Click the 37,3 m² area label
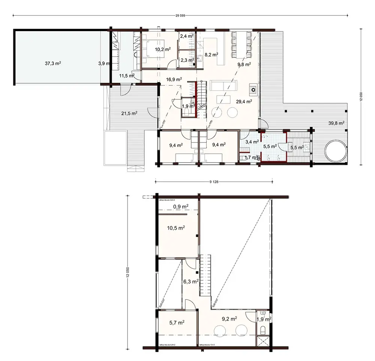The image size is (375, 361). pyautogui.click(x=53, y=64)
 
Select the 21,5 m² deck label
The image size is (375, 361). pyautogui.click(x=129, y=113)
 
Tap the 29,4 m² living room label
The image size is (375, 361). pyautogui.click(x=243, y=101)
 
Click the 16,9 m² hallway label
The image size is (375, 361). pyautogui.click(x=174, y=79)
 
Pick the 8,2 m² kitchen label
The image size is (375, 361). pyautogui.click(x=211, y=54)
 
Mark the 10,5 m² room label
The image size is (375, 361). pyautogui.click(x=176, y=228)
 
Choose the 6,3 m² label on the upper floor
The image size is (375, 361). pyautogui.click(x=190, y=281)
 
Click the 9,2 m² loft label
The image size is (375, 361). pyautogui.click(x=229, y=319)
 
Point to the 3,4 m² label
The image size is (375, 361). pyautogui.click(x=251, y=141)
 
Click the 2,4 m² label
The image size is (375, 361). pyautogui.click(x=186, y=36)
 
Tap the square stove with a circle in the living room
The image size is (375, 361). pyautogui.click(x=253, y=90)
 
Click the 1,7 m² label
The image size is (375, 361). pyautogui.click(x=250, y=157)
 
